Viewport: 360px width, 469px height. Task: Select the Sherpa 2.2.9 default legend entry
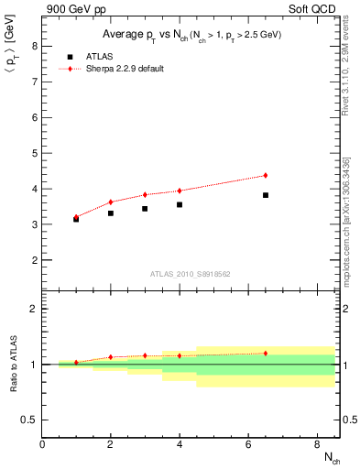(115, 69)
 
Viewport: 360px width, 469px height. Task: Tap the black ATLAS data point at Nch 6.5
(266, 195)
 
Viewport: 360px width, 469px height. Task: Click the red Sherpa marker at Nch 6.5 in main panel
(266, 175)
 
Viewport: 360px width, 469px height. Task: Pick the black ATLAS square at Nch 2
(111, 213)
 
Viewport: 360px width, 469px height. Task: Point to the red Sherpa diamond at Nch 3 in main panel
(145, 194)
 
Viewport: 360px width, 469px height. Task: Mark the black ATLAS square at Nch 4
(180, 204)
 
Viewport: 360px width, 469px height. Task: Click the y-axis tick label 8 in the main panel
(34, 46)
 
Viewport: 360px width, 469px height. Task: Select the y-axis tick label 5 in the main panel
(34, 153)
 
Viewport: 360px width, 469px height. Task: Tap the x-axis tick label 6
(248, 445)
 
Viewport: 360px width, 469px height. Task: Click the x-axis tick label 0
(42, 445)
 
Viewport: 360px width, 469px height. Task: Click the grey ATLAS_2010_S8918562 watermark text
(190, 274)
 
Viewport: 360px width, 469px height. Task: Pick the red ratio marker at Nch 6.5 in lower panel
(266, 353)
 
